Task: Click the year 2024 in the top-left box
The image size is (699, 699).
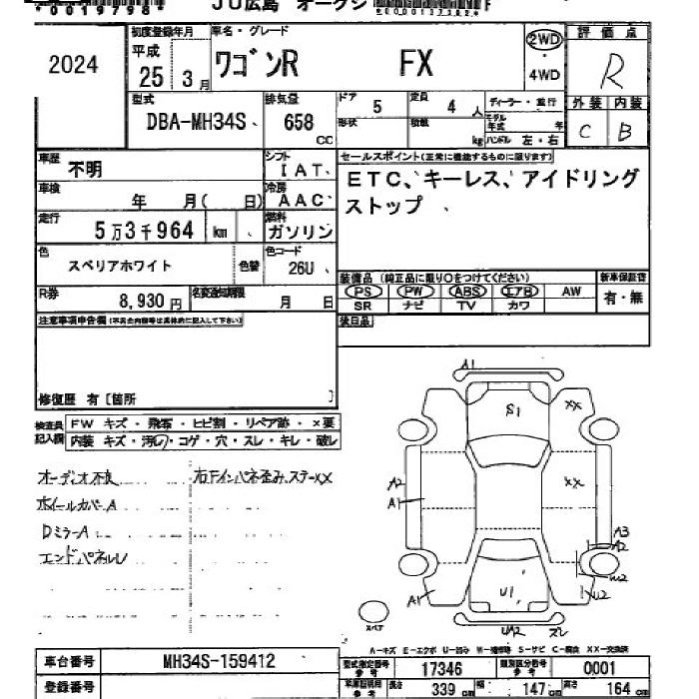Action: coord(74,65)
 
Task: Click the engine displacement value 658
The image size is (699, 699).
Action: coord(299,123)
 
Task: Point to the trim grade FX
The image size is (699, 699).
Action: coord(416,64)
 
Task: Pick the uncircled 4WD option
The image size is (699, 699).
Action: coord(544,75)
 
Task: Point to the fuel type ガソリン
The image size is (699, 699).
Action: coord(300,232)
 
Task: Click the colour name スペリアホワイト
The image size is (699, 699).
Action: coord(120,267)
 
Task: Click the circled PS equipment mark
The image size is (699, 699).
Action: coord(363,291)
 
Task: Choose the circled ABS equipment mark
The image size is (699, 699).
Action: coord(465,291)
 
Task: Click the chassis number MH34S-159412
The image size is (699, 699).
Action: coord(219,661)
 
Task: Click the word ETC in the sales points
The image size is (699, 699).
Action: coord(372,180)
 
